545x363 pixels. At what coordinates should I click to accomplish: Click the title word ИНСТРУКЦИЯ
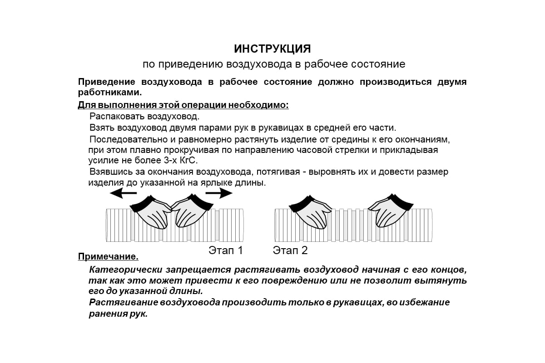point(272,49)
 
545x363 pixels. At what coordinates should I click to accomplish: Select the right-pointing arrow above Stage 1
point(219,193)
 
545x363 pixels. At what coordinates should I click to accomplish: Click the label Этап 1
point(226,250)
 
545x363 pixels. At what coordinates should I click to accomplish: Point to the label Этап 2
point(290,250)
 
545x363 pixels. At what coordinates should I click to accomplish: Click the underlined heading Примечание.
point(108,257)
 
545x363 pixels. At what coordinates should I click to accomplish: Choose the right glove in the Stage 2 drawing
point(390,211)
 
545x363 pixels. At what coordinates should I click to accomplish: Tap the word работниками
point(110,93)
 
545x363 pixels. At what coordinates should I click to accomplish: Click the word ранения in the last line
point(105,314)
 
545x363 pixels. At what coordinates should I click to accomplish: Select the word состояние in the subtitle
point(377,64)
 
